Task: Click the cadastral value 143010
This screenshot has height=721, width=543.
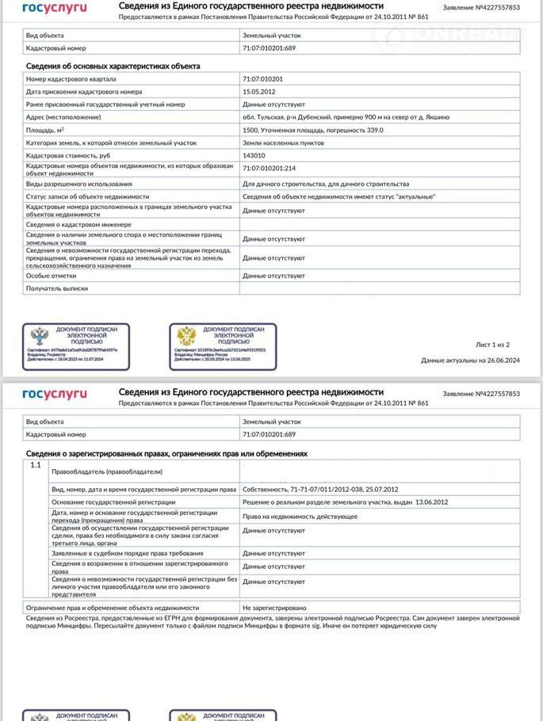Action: tap(254, 156)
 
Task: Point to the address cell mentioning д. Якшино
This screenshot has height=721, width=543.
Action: tap(346, 117)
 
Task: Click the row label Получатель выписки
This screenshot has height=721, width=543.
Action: tap(57, 288)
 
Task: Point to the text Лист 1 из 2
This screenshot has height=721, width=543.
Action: tap(492, 345)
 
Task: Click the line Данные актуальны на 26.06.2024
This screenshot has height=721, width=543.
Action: tap(470, 360)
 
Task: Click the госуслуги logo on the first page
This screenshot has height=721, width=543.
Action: tap(55, 8)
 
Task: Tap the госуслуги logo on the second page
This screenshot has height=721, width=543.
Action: tap(55, 394)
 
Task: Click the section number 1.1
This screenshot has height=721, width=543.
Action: tap(35, 465)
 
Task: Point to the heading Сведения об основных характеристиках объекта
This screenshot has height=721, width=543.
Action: tap(113, 66)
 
